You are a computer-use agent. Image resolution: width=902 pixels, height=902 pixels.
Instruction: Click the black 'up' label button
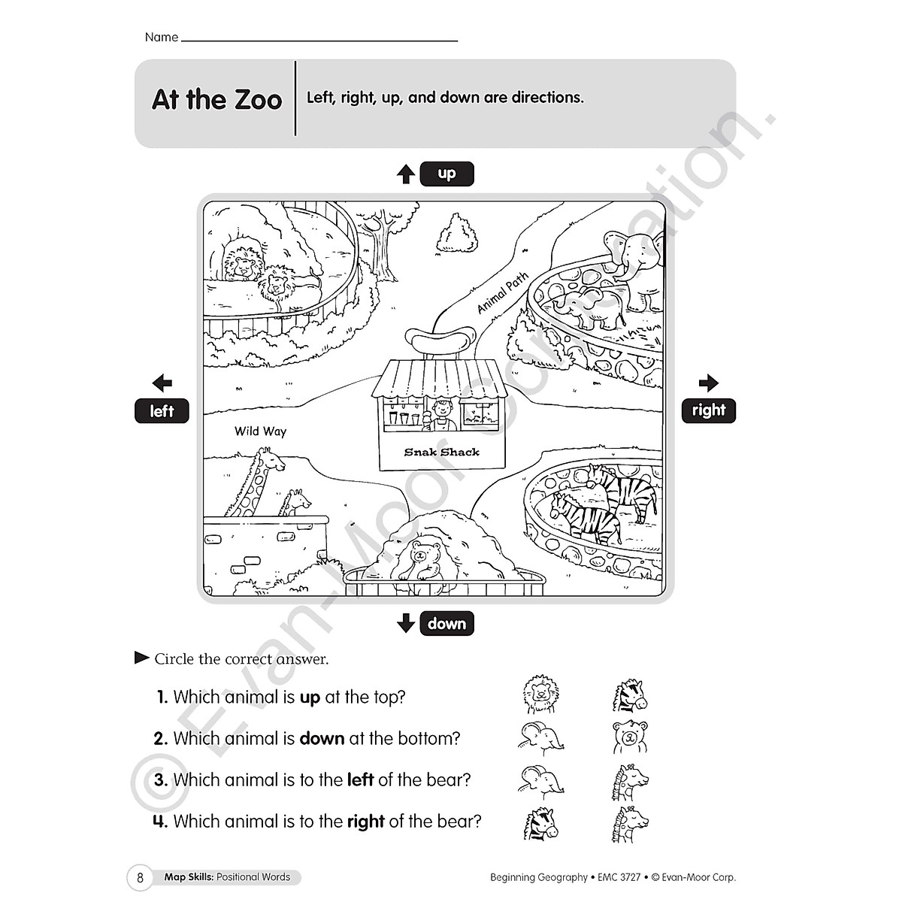pyautogui.click(x=446, y=174)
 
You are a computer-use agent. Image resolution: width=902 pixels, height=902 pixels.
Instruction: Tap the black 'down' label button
pyautogui.click(x=446, y=624)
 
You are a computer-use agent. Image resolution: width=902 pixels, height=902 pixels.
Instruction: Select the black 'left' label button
pyautogui.click(x=162, y=411)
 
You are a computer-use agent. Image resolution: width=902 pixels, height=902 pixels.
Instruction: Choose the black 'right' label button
pyautogui.click(x=708, y=410)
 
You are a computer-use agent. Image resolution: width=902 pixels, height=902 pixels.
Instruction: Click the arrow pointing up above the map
pyautogui.click(x=406, y=174)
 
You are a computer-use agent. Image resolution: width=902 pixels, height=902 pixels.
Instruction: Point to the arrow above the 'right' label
pyautogui.click(x=708, y=383)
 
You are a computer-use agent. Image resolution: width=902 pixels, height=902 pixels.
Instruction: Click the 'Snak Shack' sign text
pyautogui.click(x=441, y=452)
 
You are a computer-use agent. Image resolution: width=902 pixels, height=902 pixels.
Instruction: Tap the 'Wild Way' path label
pyautogui.click(x=260, y=431)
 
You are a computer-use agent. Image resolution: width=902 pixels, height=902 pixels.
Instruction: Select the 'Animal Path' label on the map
pyautogui.click(x=503, y=292)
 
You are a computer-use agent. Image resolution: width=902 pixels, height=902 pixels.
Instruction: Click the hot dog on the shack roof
pyautogui.click(x=440, y=342)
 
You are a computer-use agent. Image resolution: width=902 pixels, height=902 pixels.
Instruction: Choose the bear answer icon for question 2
pyautogui.click(x=629, y=737)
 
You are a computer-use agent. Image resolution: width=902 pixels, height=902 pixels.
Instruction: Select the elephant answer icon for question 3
pyautogui.click(x=537, y=780)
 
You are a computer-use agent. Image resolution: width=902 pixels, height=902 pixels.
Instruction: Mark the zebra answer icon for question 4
pyautogui.click(x=540, y=823)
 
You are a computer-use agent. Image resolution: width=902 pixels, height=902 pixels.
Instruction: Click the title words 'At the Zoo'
pyautogui.click(x=216, y=99)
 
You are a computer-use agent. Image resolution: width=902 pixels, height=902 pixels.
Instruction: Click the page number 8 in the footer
pyautogui.click(x=140, y=877)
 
